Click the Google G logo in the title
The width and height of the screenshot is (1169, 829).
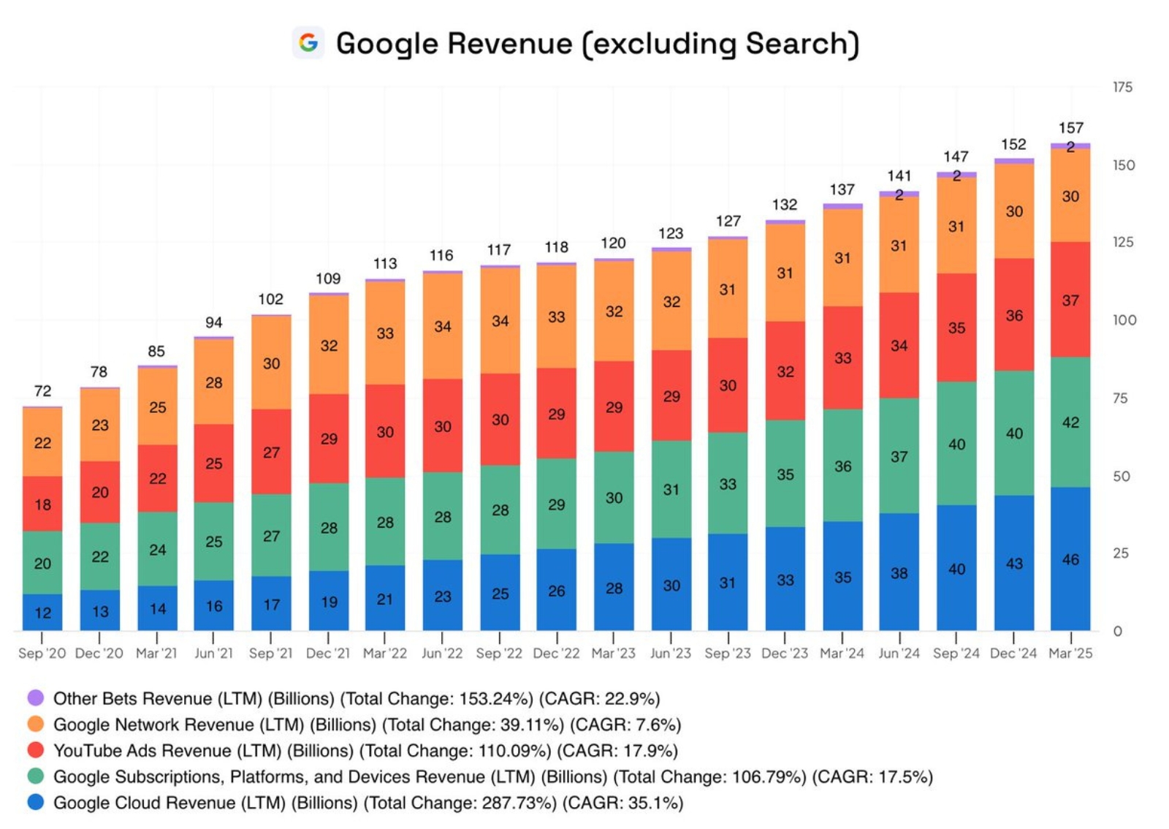tap(308, 42)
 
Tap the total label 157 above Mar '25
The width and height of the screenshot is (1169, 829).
tap(1070, 128)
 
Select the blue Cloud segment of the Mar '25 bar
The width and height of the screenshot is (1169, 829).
tap(1070, 559)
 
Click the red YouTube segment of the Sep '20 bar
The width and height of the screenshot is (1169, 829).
tap(42, 504)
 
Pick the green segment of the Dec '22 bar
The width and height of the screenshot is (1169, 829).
tap(556, 504)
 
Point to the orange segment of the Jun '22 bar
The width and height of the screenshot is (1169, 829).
tap(442, 326)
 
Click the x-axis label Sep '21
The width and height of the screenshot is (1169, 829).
tap(270, 653)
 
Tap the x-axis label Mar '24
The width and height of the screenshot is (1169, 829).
tap(842, 653)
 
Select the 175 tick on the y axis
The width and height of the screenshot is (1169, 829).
tap(1122, 87)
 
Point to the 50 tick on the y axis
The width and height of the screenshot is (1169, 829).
tap(1122, 476)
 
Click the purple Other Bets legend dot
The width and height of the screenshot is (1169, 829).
tap(35, 697)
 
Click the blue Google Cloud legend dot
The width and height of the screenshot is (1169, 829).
tap(35, 802)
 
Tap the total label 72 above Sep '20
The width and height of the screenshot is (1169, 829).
tap(42, 391)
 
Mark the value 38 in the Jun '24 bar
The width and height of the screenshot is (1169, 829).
tap(899, 573)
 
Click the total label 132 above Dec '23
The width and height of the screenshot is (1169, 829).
tap(785, 205)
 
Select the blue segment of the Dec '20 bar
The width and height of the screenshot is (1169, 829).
tap(100, 610)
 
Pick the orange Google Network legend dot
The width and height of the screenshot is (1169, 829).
tap(35, 724)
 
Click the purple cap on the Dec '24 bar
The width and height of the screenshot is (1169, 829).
tap(1013, 161)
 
